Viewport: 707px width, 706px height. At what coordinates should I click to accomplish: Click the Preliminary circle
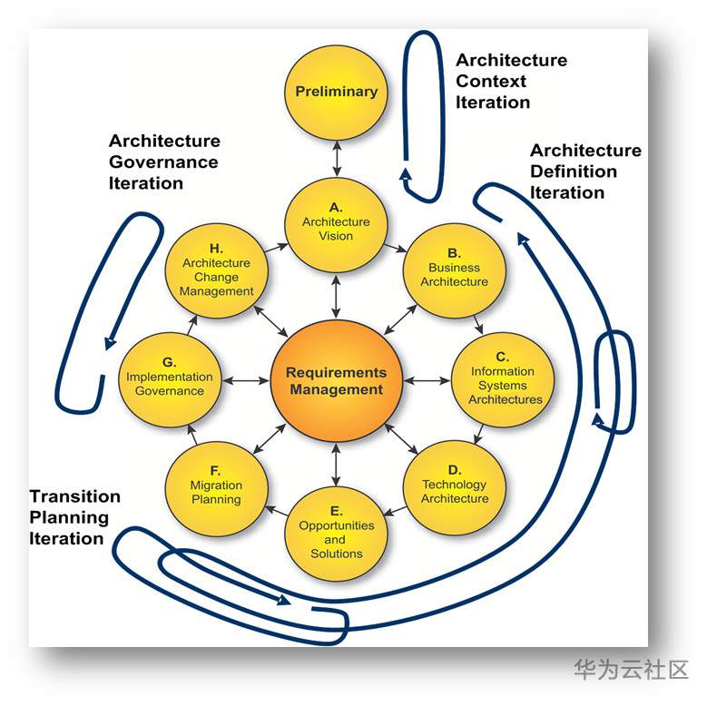click(336, 92)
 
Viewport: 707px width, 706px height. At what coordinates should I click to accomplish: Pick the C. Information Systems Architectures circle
click(502, 379)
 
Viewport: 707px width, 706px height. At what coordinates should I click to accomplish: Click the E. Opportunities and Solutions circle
click(336, 534)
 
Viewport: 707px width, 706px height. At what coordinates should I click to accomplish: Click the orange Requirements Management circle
click(335, 381)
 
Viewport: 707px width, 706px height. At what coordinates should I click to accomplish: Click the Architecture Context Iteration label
click(511, 81)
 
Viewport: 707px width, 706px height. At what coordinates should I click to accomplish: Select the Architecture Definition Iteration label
click(585, 171)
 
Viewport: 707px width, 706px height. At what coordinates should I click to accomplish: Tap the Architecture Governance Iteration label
click(164, 162)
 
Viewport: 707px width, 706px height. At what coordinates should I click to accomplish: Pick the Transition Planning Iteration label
click(74, 517)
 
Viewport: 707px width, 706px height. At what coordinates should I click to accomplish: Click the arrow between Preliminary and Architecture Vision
click(337, 157)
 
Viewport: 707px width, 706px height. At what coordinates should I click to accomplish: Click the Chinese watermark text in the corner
click(630, 670)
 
